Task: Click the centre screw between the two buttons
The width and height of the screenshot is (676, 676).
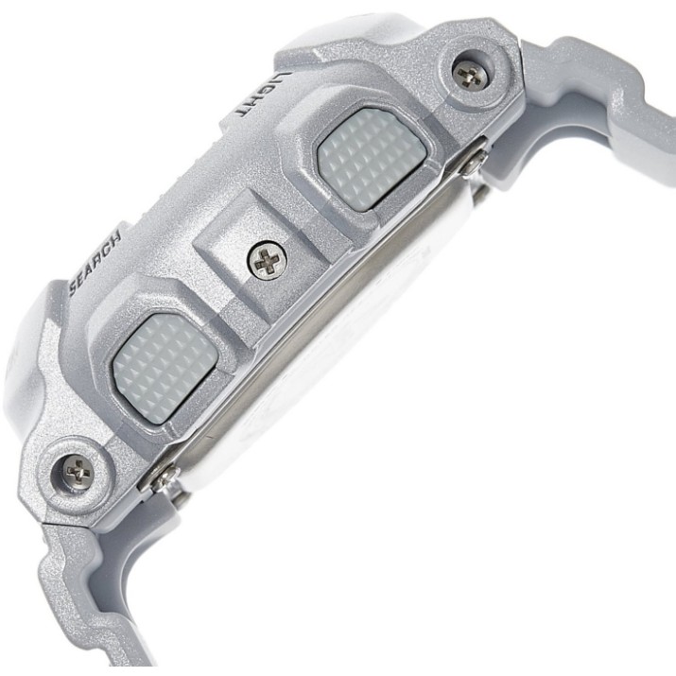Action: [x=268, y=260]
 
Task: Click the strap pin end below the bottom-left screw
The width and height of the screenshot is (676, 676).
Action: [x=165, y=477]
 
